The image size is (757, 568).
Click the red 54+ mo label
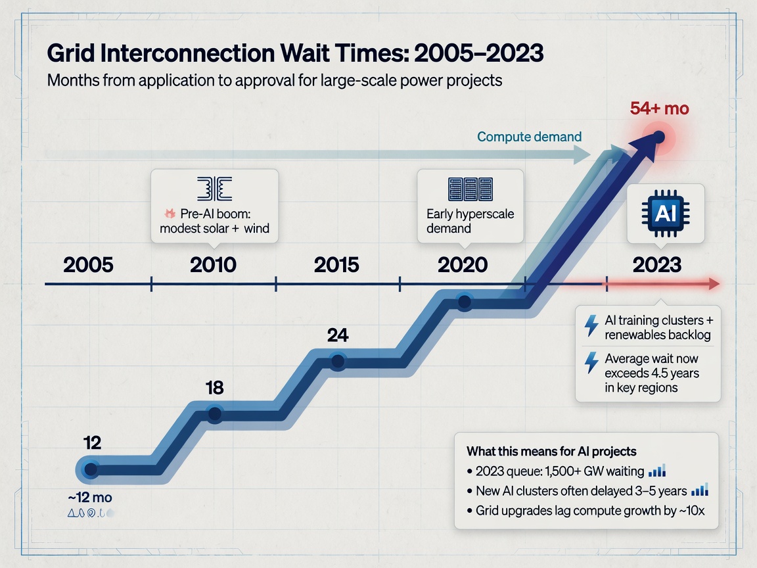pyautogui.click(x=659, y=108)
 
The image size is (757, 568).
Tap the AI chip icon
pyautogui.click(x=665, y=213)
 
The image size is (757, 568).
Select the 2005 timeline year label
pyautogui.click(x=88, y=265)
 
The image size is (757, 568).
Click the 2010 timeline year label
pyautogui.click(x=213, y=265)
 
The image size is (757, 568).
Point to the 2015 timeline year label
pyautogui.click(x=336, y=265)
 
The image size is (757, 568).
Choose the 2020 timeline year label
pyautogui.click(x=463, y=265)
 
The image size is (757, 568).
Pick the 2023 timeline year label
pyautogui.click(x=656, y=265)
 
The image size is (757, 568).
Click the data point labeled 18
pyautogui.click(x=214, y=414)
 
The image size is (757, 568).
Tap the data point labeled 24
pyautogui.click(x=338, y=361)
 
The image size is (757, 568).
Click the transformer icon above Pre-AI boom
pyautogui.click(x=214, y=189)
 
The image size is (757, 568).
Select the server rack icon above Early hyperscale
pyautogui.click(x=470, y=189)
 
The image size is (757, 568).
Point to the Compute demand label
pyautogui.click(x=529, y=137)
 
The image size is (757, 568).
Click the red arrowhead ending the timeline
pyautogui.click(x=714, y=283)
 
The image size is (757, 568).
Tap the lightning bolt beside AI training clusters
pyautogui.click(x=591, y=325)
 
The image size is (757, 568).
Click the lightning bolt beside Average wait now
pyautogui.click(x=591, y=363)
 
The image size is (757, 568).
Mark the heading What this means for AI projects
pyautogui.click(x=551, y=451)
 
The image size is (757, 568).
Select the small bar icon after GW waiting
pyautogui.click(x=657, y=470)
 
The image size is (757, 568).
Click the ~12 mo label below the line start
pyautogui.click(x=90, y=497)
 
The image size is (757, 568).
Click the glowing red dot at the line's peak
pyautogui.click(x=658, y=137)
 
